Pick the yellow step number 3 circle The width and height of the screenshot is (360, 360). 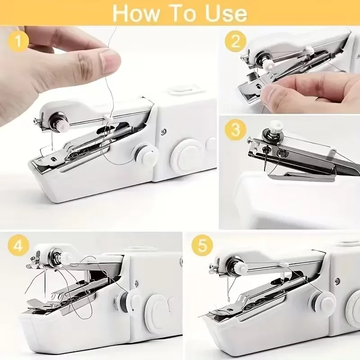pos(235,130)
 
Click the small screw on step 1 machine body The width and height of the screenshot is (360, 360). pos(163,131)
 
